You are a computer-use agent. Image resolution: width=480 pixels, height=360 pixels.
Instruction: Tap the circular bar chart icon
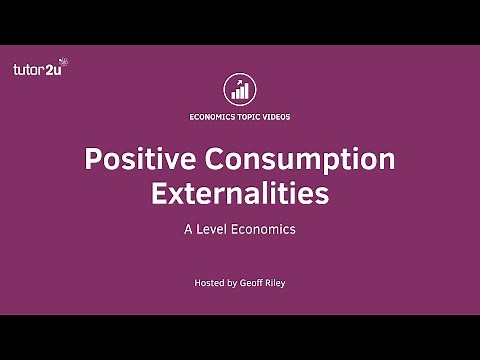(x=240, y=90)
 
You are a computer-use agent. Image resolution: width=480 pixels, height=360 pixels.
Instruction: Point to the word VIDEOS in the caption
(x=277, y=116)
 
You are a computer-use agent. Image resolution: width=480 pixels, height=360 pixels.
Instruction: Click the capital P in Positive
(x=91, y=159)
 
